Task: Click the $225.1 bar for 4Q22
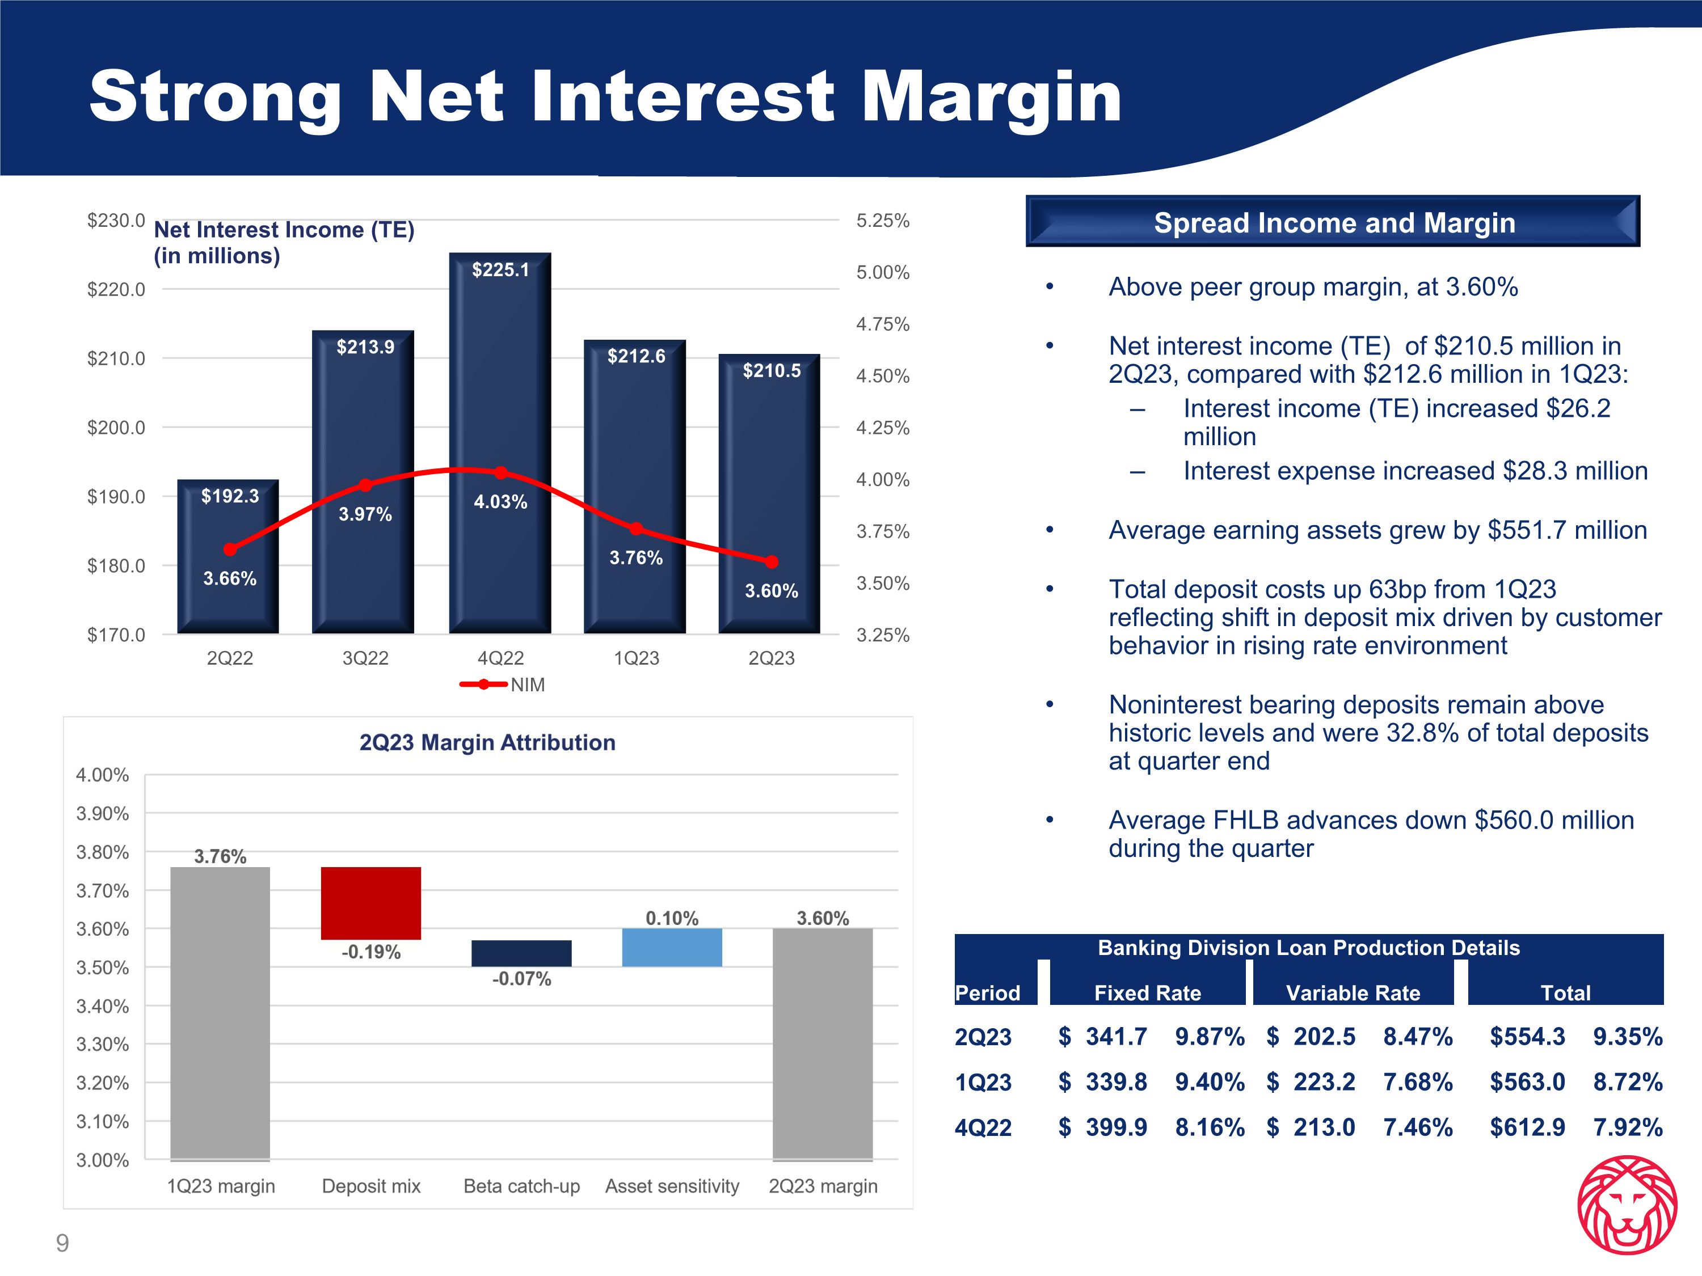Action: [500, 385]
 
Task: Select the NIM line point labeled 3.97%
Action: [365, 484]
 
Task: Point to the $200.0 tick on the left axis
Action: [116, 428]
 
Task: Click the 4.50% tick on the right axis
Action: [883, 376]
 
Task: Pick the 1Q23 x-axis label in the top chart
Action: [637, 658]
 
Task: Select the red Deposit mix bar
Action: [371, 903]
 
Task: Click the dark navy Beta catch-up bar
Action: [522, 953]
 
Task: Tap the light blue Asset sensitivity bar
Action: [672, 948]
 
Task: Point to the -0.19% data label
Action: [371, 952]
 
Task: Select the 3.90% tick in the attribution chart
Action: [102, 814]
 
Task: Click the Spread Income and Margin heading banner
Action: [1333, 222]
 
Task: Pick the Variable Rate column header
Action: [1353, 993]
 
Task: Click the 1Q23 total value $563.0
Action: [1527, 1082]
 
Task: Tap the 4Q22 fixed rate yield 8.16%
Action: [1209, 1127]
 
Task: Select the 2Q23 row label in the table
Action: [983, 1037]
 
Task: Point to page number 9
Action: [62, 1243]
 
